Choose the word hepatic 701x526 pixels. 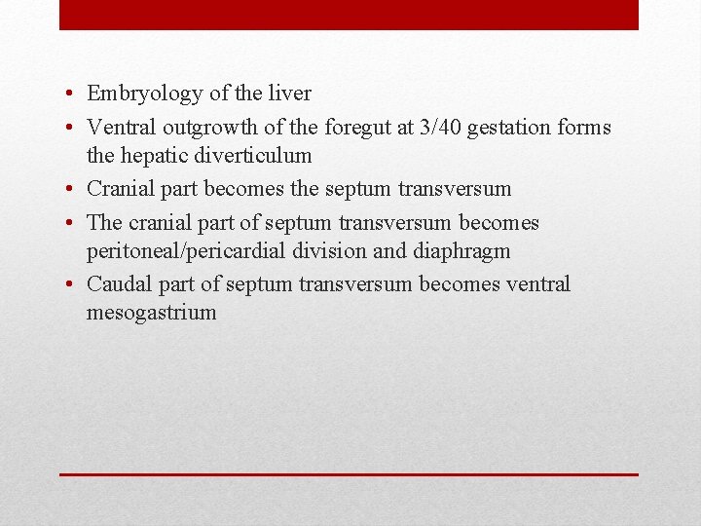coord(154,156)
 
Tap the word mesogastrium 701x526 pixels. coord(151,314)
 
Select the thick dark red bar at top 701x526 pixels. coord(349,15)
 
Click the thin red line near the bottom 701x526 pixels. coord(349,474)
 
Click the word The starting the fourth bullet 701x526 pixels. coord(104,222)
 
